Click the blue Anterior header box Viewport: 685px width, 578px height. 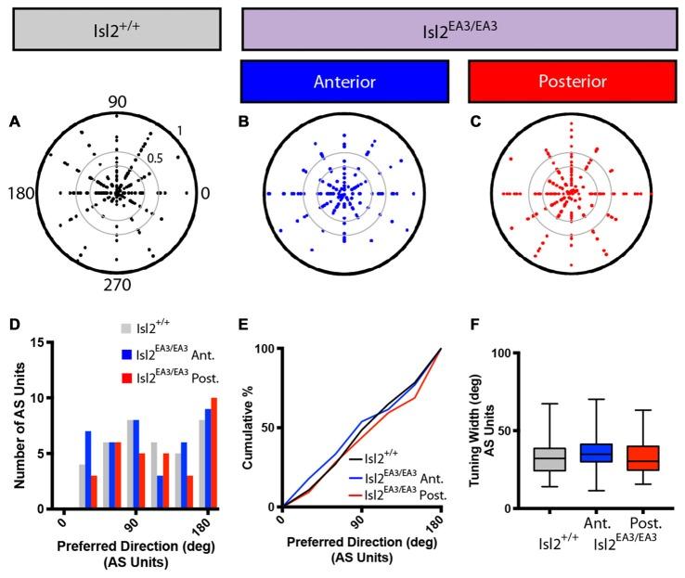point(344,82)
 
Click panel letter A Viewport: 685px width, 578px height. point(15,121)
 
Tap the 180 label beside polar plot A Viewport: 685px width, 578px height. point(24,193)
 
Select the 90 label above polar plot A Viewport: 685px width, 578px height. point(118,103)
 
